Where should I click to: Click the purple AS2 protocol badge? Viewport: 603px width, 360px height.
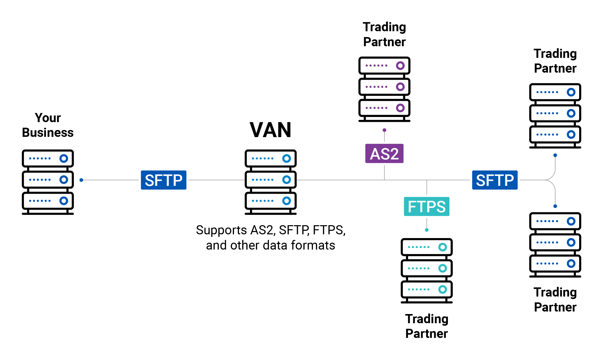[384, 154]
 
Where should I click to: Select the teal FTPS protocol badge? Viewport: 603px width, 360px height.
[426, 206]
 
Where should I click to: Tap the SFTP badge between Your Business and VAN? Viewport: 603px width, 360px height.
[163, 180]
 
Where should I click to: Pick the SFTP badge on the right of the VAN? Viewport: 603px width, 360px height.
[494, 180]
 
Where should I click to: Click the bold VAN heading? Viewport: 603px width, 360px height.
[270, 130]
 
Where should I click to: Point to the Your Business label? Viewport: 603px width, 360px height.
[48, 125]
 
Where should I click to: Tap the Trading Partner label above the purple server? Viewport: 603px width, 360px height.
[384, 34]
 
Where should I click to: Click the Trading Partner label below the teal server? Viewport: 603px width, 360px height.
[426, 326]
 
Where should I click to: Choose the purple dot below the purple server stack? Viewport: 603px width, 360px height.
[384, 130]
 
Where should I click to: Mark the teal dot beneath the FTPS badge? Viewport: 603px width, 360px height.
[427, 230]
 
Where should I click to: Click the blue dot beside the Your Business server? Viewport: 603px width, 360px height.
[81, 180]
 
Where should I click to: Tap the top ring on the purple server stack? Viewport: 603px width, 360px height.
[400, 66]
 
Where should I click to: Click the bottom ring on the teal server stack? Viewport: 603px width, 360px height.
[442, 289]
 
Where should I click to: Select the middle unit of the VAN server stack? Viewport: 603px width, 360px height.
[270, 180]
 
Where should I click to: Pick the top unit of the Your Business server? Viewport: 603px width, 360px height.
[48, 158]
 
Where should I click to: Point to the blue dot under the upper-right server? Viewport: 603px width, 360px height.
[555, 155]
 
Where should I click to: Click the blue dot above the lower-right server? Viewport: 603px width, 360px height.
[555, 206]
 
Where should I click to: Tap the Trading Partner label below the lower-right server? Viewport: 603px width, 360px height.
[555, 300]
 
